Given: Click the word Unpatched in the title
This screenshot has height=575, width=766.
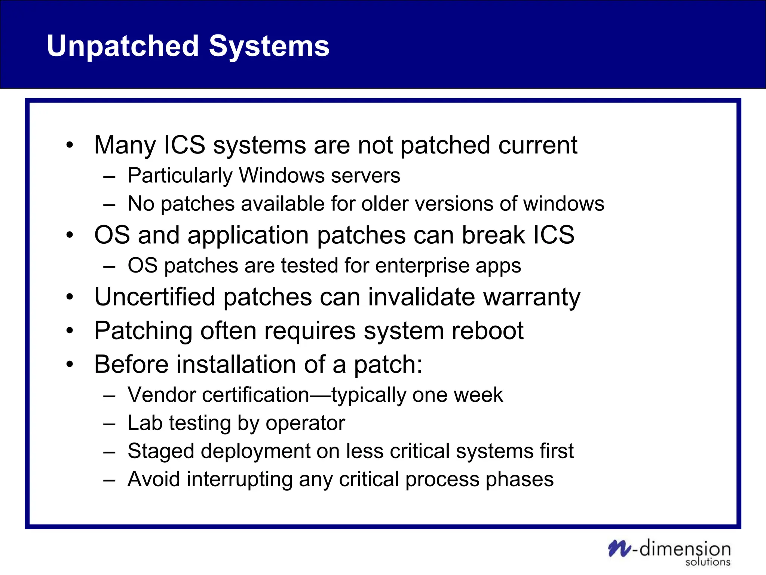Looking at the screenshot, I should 123,46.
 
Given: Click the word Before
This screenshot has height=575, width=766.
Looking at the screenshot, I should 131,364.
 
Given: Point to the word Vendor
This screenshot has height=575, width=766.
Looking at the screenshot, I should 161,395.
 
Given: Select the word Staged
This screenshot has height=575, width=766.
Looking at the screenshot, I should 161,452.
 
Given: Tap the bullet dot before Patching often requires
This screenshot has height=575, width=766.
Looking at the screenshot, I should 70,331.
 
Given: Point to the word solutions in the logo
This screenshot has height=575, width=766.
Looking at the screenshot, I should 707,562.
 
